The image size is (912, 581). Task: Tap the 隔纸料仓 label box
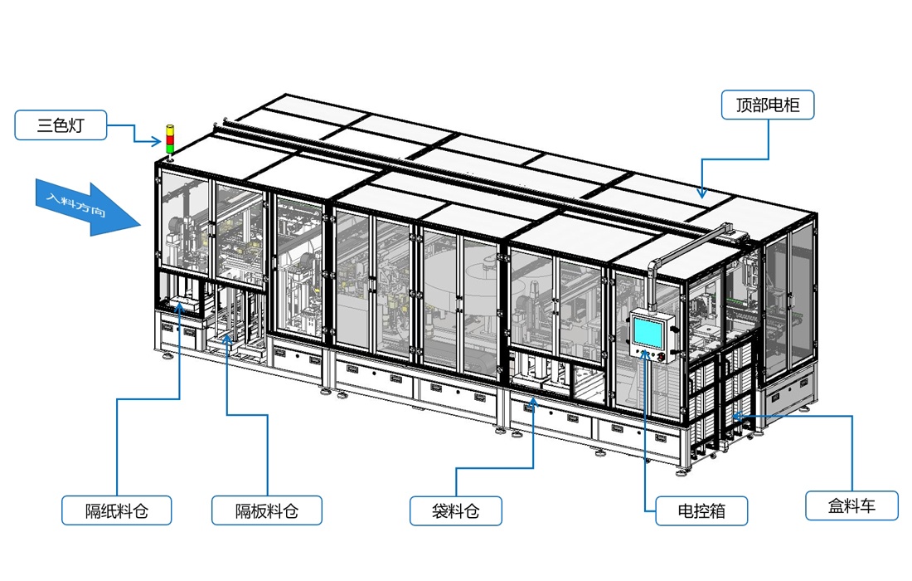pos(116,510)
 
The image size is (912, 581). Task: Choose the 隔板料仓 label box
pos(266,510)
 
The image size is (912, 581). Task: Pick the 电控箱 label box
pos(701,510)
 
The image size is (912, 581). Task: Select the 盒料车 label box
pos(851,505)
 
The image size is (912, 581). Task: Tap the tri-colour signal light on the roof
pos(170,139)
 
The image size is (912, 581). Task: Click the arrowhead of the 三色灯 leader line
pos(163,141)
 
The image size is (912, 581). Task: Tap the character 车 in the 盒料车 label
pos(867,505)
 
